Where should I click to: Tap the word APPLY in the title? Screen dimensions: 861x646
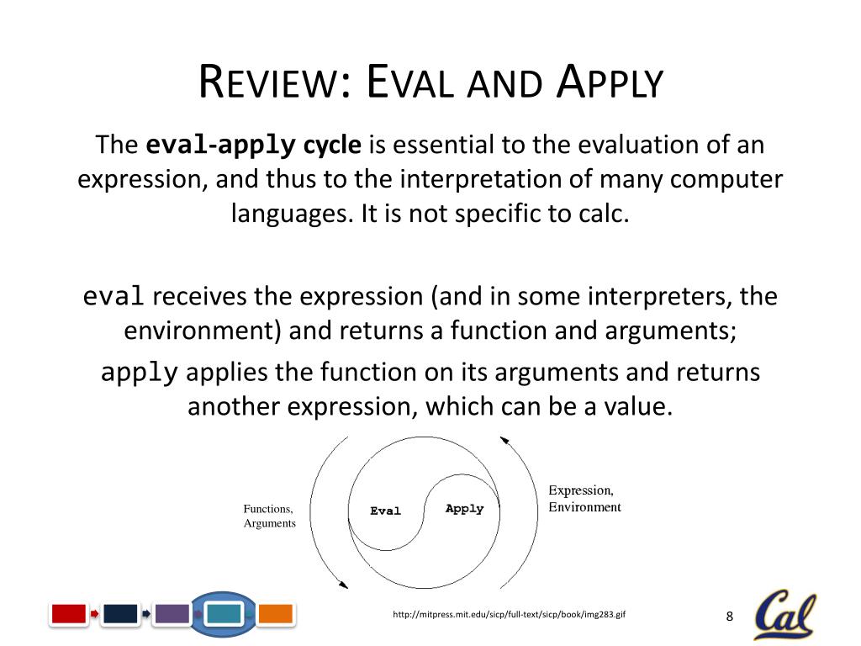(x=610, y=82)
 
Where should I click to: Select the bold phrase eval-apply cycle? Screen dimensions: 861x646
(x=253, y=145)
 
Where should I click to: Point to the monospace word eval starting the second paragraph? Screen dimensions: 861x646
(x=114, y=296)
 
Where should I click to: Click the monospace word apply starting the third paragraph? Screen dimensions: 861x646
(x=140, y=373)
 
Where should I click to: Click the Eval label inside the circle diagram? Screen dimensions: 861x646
(x=385, y=511)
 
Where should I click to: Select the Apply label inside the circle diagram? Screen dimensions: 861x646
(x=464, y=509)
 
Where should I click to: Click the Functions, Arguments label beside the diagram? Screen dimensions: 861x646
(x=270, y=516)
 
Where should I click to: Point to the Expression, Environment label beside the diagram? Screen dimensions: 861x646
(x=585, y=498)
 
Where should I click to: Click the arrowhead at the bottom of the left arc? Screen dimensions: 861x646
(x=344, y=585)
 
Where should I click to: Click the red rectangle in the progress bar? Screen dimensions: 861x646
(x=69, y=614)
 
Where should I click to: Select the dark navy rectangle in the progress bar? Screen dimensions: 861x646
(x=120, y=614)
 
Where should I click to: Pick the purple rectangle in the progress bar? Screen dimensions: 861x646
(x=172, y=614)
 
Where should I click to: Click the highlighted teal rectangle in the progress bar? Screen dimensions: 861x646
(x=224, y=614)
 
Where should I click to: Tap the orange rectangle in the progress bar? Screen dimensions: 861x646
(x=275, y=614)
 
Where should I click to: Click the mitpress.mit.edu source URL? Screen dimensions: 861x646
(x=509, y=615)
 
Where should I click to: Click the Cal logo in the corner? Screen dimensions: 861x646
(x=786, y=613)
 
